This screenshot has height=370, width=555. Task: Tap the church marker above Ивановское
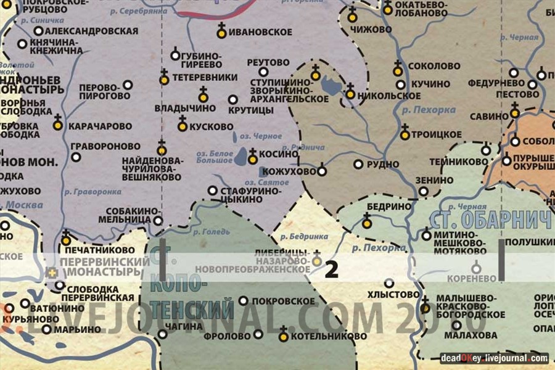(x=221, y=30)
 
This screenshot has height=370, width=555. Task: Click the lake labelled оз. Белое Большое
(x=242, y=155)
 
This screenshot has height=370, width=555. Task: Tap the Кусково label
(x=212, y=126)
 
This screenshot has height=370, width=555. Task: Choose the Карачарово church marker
(x=58, y=125)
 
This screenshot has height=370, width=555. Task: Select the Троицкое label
(x=440, y=134)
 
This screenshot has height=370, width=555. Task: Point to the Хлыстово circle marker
(x=388, y=283)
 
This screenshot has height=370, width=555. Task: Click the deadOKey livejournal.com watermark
(x=494, y=358)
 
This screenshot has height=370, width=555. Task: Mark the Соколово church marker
(x=398, y=70)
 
